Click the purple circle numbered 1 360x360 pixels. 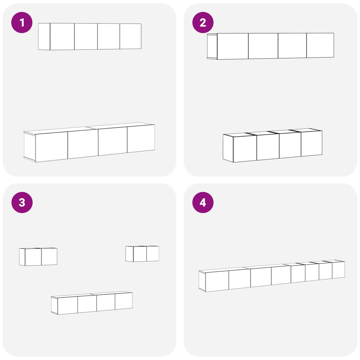point(22,23)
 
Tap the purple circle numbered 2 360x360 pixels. point(203,23)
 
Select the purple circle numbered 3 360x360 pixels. point(22,202)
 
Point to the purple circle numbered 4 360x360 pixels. point(203,202)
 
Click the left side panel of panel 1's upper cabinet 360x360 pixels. point(44,36)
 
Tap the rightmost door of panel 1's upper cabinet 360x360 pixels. point(130,36)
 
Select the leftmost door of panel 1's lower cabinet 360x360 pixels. point(52,147)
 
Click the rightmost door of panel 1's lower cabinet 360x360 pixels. point(141,138)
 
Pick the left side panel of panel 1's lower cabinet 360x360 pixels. point(30,146)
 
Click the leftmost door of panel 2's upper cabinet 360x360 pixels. point(233,46)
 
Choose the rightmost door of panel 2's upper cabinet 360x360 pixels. point(320,45)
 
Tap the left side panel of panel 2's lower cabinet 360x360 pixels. point(228,148)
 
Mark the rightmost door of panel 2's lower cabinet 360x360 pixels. point(312,144)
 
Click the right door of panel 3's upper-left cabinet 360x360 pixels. point(49,257)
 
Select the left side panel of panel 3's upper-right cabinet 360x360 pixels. point(130,254)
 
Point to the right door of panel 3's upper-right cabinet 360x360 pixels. point(153,254)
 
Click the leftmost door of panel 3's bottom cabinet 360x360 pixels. point(68,305)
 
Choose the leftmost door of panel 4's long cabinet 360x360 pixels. point(217,281)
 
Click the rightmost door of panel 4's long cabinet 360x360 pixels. point(339,270)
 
